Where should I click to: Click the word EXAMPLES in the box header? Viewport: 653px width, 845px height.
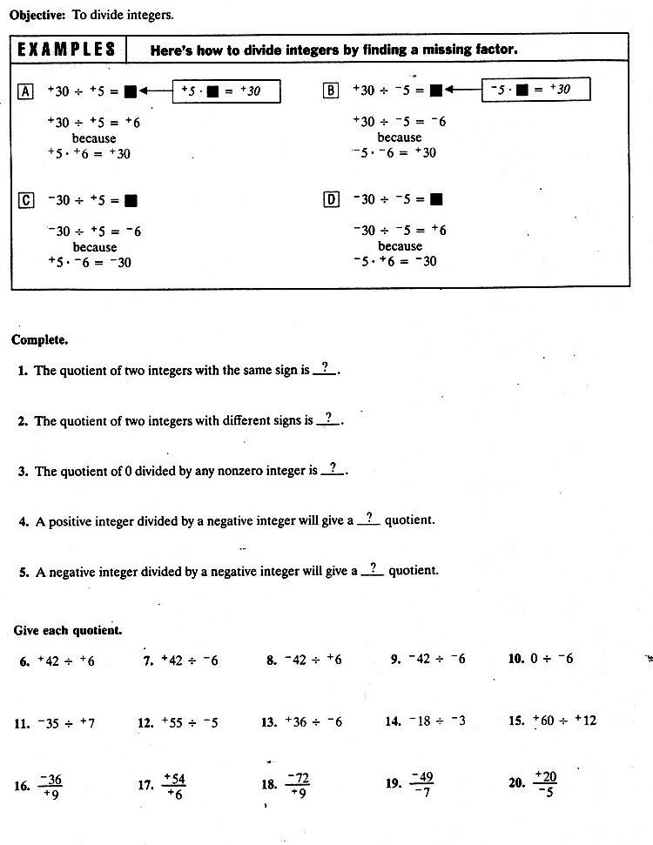coord(67,49)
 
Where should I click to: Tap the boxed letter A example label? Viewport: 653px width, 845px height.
coord(25,91)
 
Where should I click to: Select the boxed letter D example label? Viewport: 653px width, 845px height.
coord(331,199)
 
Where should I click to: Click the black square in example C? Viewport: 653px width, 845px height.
coord(131,200)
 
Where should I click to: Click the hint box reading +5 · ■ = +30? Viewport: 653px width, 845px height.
coord(226,91)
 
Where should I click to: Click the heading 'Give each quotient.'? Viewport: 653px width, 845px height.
coord(68,630)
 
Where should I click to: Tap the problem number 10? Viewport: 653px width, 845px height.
coord(516,660)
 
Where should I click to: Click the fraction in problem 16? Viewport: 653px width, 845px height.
coord(50,786)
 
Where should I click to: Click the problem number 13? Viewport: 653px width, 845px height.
coord(269,722)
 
